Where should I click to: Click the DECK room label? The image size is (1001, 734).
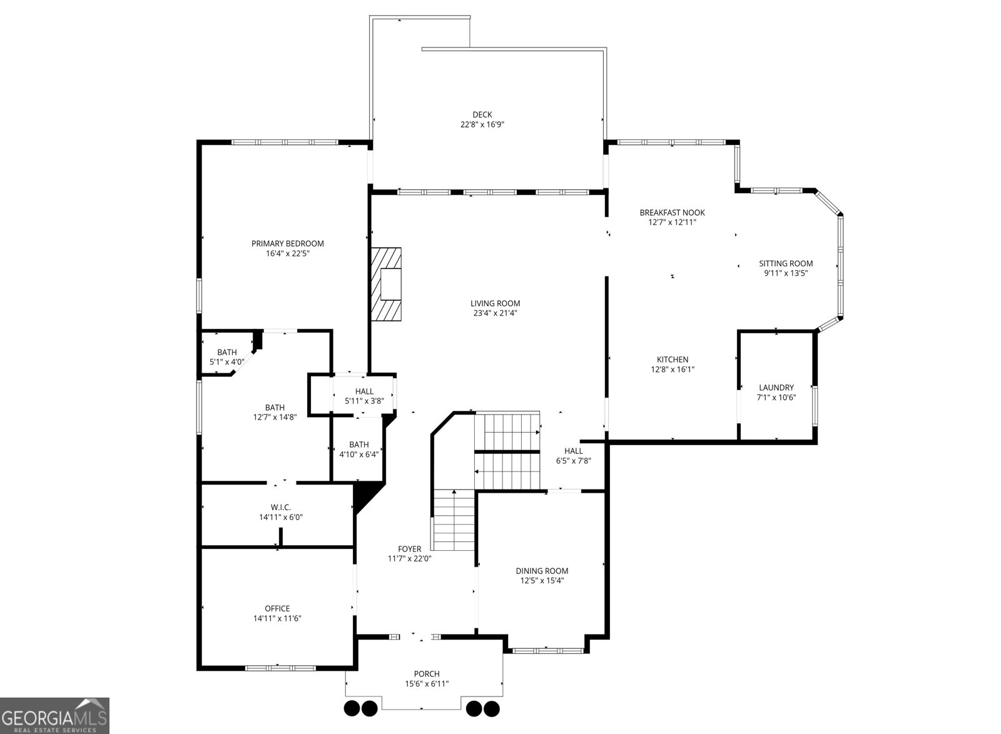[x=482, y=115]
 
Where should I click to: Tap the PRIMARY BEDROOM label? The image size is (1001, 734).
[x=287, y=244]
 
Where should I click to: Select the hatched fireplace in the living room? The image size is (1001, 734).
[x=385, y=284]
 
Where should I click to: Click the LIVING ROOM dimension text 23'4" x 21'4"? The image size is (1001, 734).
[x=495, y=314]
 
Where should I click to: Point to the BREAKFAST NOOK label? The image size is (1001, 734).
[x=672, y=213]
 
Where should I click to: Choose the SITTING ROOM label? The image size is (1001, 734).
[x=786, y=264]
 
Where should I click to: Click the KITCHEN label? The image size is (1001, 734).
[x=673, y=359]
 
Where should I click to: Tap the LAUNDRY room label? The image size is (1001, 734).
[x=776, y=388]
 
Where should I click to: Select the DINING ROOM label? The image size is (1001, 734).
[x=542, y=571]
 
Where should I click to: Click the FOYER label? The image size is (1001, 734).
[x=409, y=549]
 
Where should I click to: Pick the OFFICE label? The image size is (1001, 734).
[x=277, y=608]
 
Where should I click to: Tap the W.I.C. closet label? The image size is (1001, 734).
[x=280, y=507]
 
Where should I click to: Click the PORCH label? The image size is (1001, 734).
[x=427, y=674]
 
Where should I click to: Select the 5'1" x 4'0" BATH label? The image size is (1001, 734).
[x=226, y=353]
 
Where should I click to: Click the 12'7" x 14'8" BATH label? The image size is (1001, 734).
[x=275, y=408]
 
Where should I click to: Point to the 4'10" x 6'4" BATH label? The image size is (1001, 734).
[x=359, y=445]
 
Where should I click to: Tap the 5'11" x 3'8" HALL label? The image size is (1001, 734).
[x=364, y=392]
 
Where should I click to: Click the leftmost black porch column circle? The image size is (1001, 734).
[x=352, y=708]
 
